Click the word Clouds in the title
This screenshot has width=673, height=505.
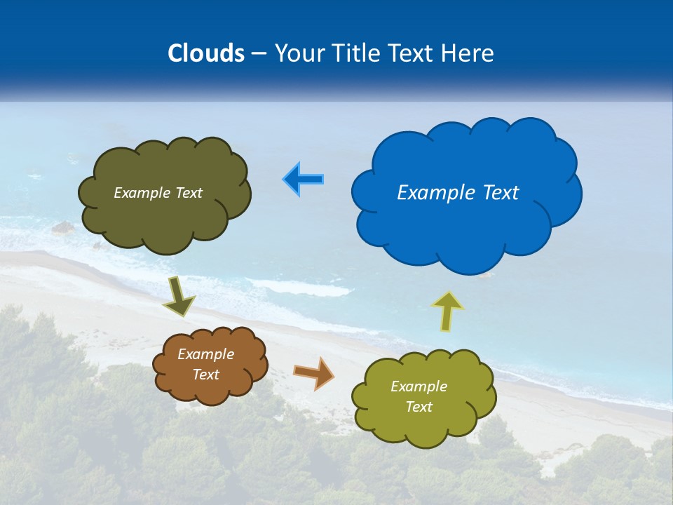coord(205,53)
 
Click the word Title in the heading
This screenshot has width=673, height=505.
coord(359,53)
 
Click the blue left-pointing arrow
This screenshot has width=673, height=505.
coord(304,180)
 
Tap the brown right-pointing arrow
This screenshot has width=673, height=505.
coord(314,372)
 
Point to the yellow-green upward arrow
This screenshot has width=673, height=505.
coord(447,311)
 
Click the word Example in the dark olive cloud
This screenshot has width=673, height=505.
coord(142,193)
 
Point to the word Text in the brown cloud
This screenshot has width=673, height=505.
coord(206,375)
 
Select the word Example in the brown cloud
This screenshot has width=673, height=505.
coord(206,354)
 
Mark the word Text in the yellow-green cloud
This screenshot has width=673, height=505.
coord(419,407)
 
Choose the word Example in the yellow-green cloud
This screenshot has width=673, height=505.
coord(419,386)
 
